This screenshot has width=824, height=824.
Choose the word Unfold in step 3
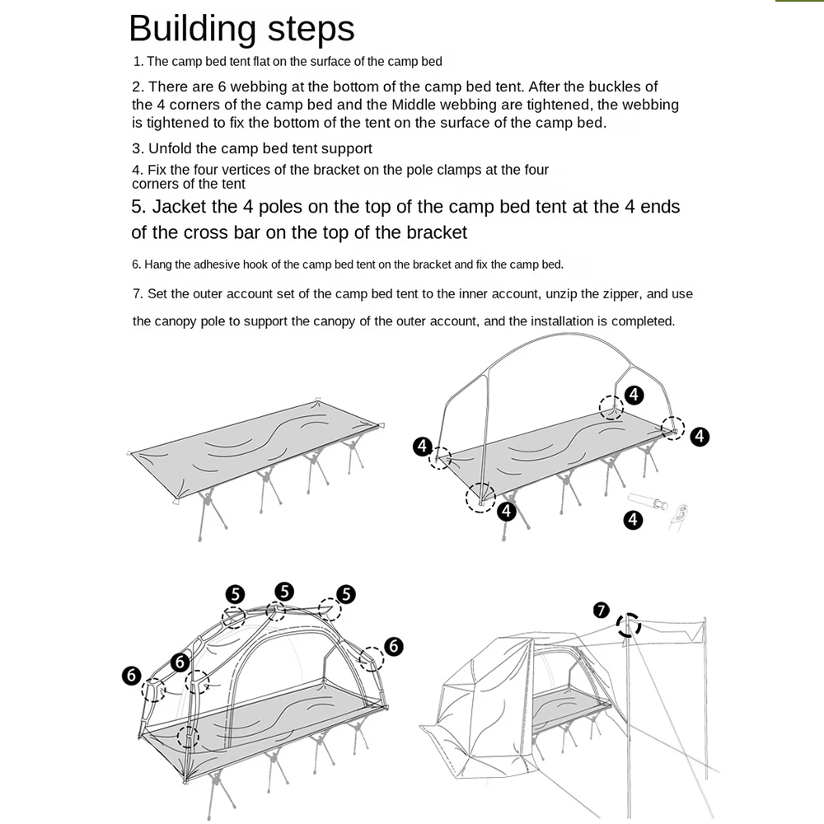tap(171, 149)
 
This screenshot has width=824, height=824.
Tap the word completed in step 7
tap(643, 321)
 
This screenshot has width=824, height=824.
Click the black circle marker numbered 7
tap(602, 611)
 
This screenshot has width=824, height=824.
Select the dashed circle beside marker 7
tap(629, 625)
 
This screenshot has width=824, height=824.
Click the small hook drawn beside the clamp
tap(680, 515)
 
